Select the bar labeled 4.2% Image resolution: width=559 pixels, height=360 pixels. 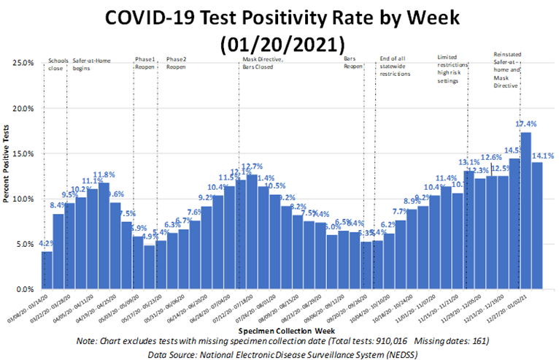point(47,270)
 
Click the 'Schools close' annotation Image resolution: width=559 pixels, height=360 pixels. point(58,64)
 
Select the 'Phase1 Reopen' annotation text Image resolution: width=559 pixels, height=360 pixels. point(146,64)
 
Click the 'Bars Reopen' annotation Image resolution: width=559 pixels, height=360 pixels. point(353,64)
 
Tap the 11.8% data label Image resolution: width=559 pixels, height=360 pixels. point(104,175)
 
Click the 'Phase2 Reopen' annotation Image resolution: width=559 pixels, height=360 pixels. point(177,64)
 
